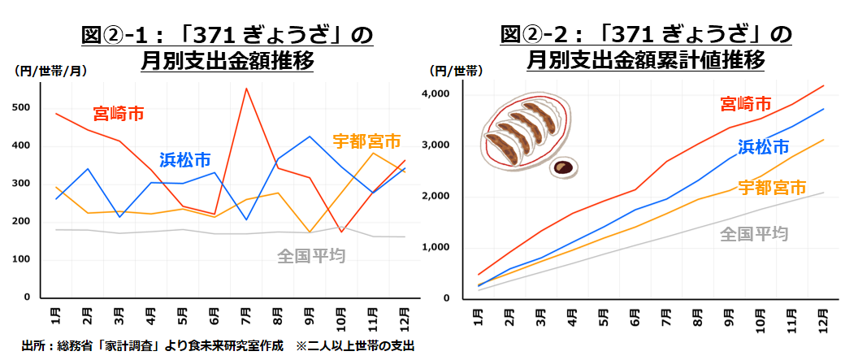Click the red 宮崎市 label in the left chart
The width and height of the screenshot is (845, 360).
119,112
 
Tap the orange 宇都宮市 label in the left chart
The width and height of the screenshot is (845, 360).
366,141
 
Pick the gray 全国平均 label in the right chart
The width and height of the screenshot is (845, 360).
754,234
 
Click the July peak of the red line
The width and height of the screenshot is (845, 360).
245,89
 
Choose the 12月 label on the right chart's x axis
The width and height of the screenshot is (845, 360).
823,316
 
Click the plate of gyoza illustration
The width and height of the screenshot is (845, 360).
525,132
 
